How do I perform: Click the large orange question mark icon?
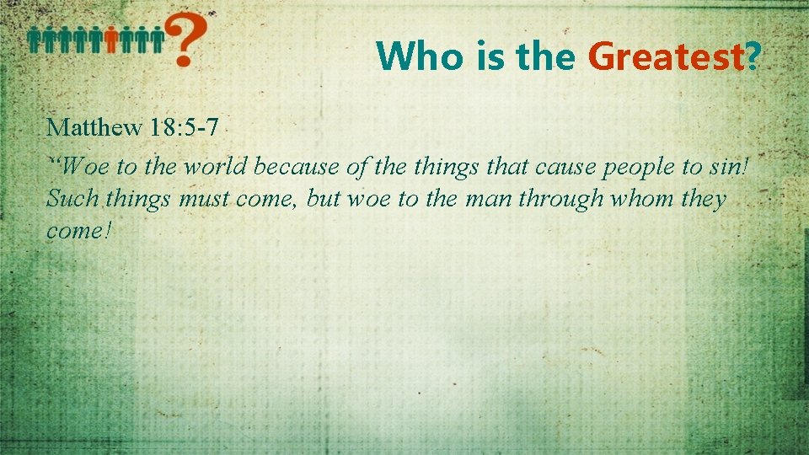click(x=187, y=40)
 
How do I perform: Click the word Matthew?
click(x=94, y=128)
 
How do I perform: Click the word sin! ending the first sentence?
click(x=725, y=168)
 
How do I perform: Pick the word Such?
click(x=72, y=199)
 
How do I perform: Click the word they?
click(x=704, y=199)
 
